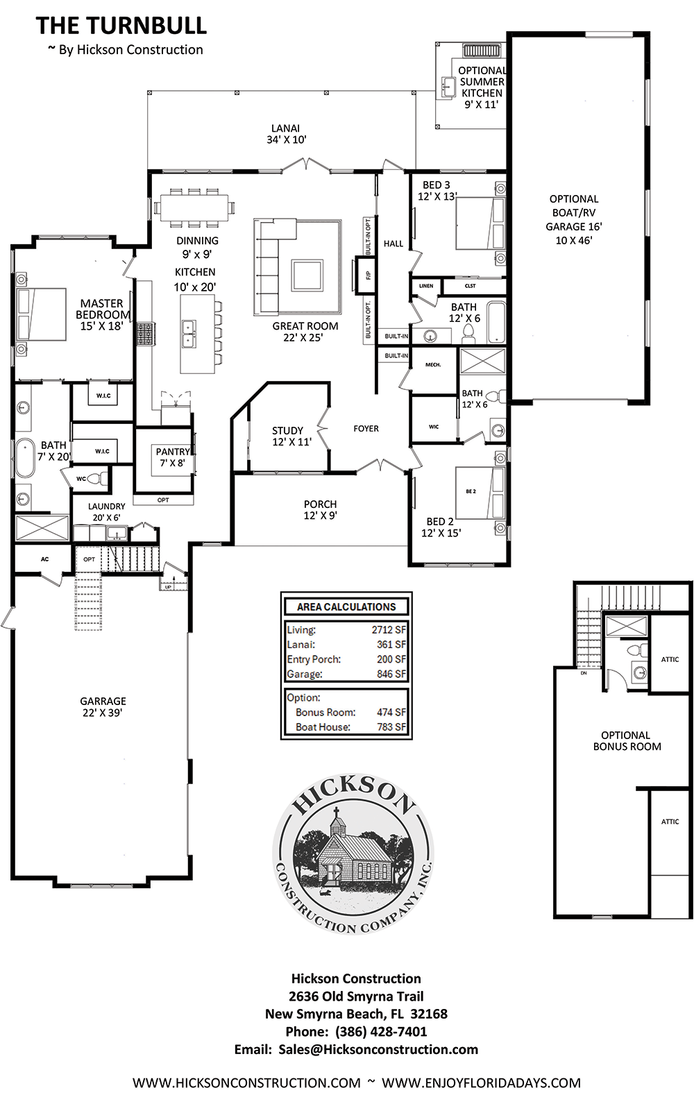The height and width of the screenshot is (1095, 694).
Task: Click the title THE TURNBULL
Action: (x=121, y=26)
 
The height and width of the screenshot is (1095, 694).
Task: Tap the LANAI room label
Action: (x=286, y=128)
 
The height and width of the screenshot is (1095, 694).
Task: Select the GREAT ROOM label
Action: (x=305, y=326)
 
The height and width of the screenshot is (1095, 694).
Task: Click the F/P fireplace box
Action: (x=364, y=275)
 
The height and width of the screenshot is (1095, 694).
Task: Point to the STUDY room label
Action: (x=287, y=431)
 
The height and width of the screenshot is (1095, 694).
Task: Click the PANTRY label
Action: (x=173, y=452)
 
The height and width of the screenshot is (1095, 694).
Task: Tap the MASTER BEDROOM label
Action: (x=103, y=309)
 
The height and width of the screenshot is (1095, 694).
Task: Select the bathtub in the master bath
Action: (x=25, y=458)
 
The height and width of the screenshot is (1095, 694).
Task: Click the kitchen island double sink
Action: (x=189, y=333)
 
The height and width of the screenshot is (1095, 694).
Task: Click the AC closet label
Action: (x=44, y=559)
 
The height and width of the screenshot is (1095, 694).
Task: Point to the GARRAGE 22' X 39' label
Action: (x=103, y=707)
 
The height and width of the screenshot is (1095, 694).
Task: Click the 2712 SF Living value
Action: (x=389, y=629)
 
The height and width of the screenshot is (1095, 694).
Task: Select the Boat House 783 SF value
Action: (x=391, y=727)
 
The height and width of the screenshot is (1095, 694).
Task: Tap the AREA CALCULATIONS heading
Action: (x=346, y=606)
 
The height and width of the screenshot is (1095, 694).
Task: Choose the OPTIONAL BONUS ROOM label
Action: (x=627, y=740)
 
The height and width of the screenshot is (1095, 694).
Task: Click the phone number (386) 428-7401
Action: (x=381, y=1031)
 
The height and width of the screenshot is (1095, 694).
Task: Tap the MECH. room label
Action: (x=433, y=365)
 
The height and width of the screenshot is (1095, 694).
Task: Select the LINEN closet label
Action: (x=426, y=286)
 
